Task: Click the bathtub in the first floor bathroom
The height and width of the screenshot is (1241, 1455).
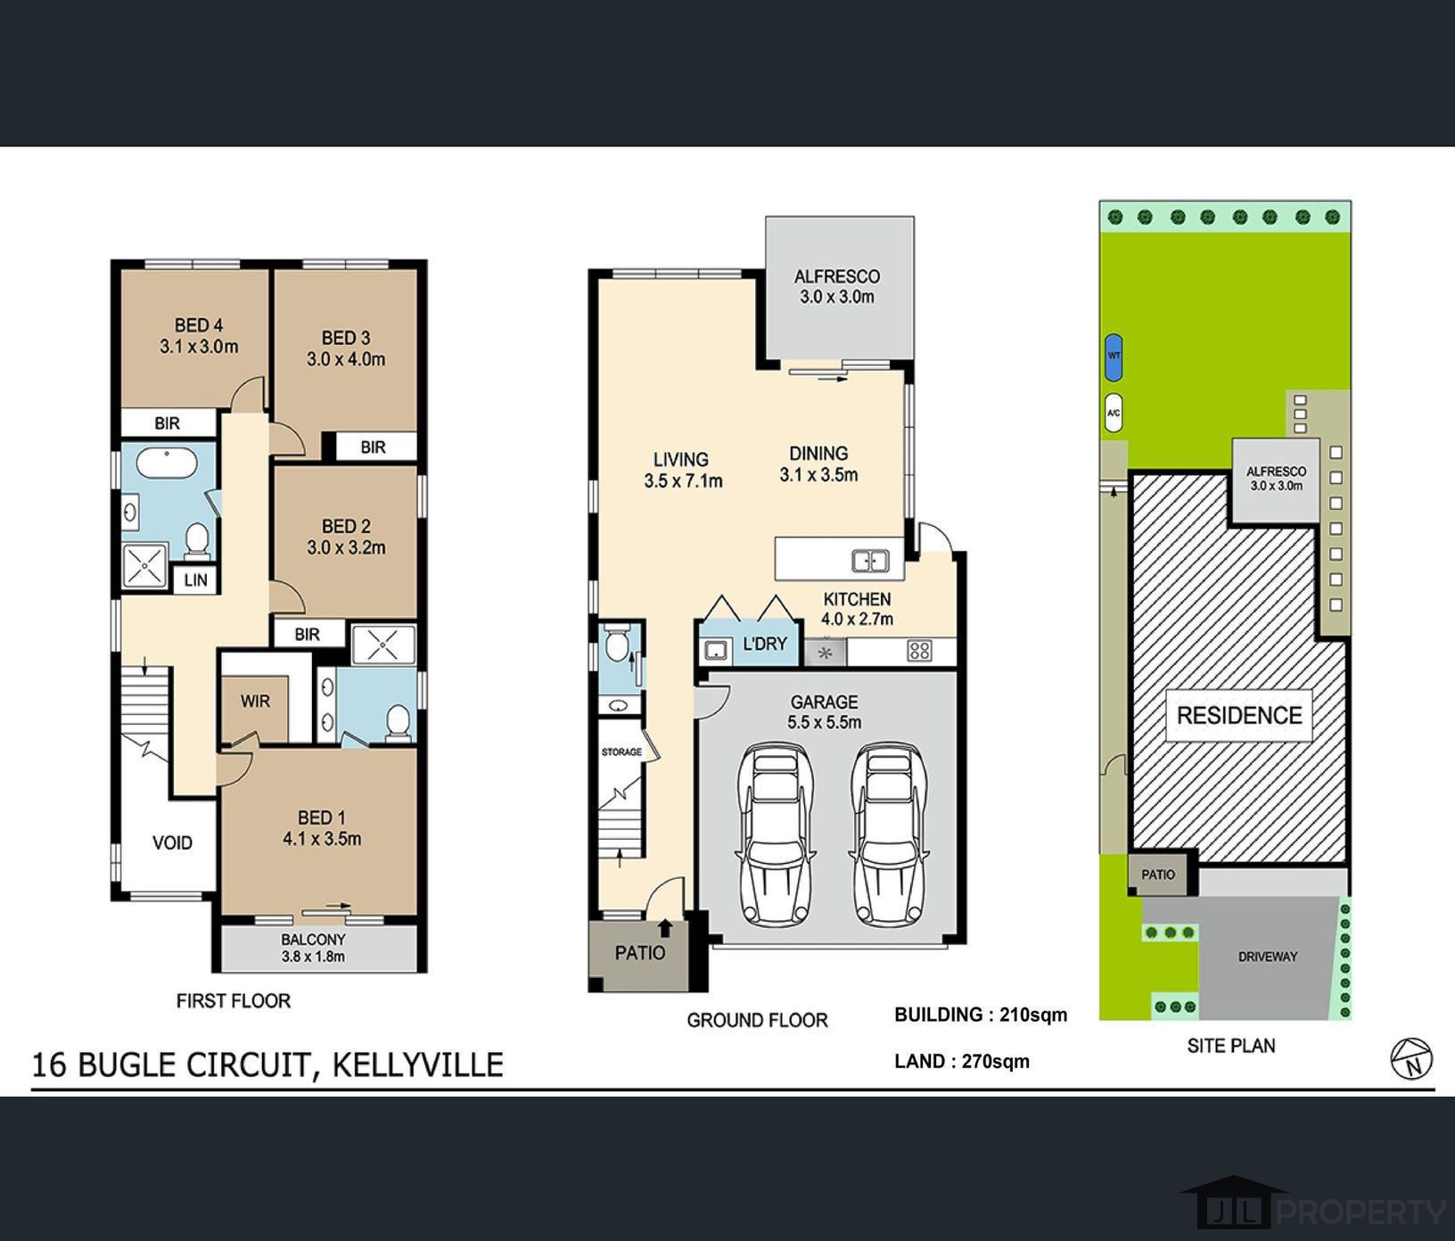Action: [x=168, y=464]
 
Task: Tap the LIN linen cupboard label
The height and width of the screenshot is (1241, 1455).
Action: [x=195, y=580]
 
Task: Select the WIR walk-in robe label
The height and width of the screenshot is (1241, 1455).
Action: [x=255, y=702]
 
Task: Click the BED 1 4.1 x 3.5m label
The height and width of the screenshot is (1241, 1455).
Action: [x=322, y=827]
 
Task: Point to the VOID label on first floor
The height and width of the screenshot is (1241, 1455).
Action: [x=172, y=842]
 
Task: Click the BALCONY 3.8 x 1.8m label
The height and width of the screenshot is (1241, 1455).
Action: [x=313, y=948]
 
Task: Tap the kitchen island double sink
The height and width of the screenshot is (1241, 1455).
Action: [x=870, y=561]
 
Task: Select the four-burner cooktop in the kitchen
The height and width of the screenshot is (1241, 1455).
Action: [x=919, y=651]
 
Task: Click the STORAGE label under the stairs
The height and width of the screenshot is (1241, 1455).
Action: [x=621, y=752]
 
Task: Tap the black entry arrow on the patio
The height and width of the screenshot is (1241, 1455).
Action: [x=665, y=929]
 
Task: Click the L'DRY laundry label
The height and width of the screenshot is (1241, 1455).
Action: [x=764, y=643]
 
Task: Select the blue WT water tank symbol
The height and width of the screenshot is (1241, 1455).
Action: [x=1114, y=356]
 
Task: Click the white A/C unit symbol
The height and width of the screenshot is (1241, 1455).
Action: [x=1113, y=413]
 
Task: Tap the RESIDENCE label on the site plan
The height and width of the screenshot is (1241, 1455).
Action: [x=1238, y=715]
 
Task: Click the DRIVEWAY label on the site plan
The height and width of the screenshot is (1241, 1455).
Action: [x=1267, y=957]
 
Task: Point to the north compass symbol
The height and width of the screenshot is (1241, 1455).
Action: [x=1411, y=1058]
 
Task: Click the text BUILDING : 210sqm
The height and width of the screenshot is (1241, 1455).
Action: [x=980, y=1015]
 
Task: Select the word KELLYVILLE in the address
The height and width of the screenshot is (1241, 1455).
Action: [x=418, y=1064]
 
